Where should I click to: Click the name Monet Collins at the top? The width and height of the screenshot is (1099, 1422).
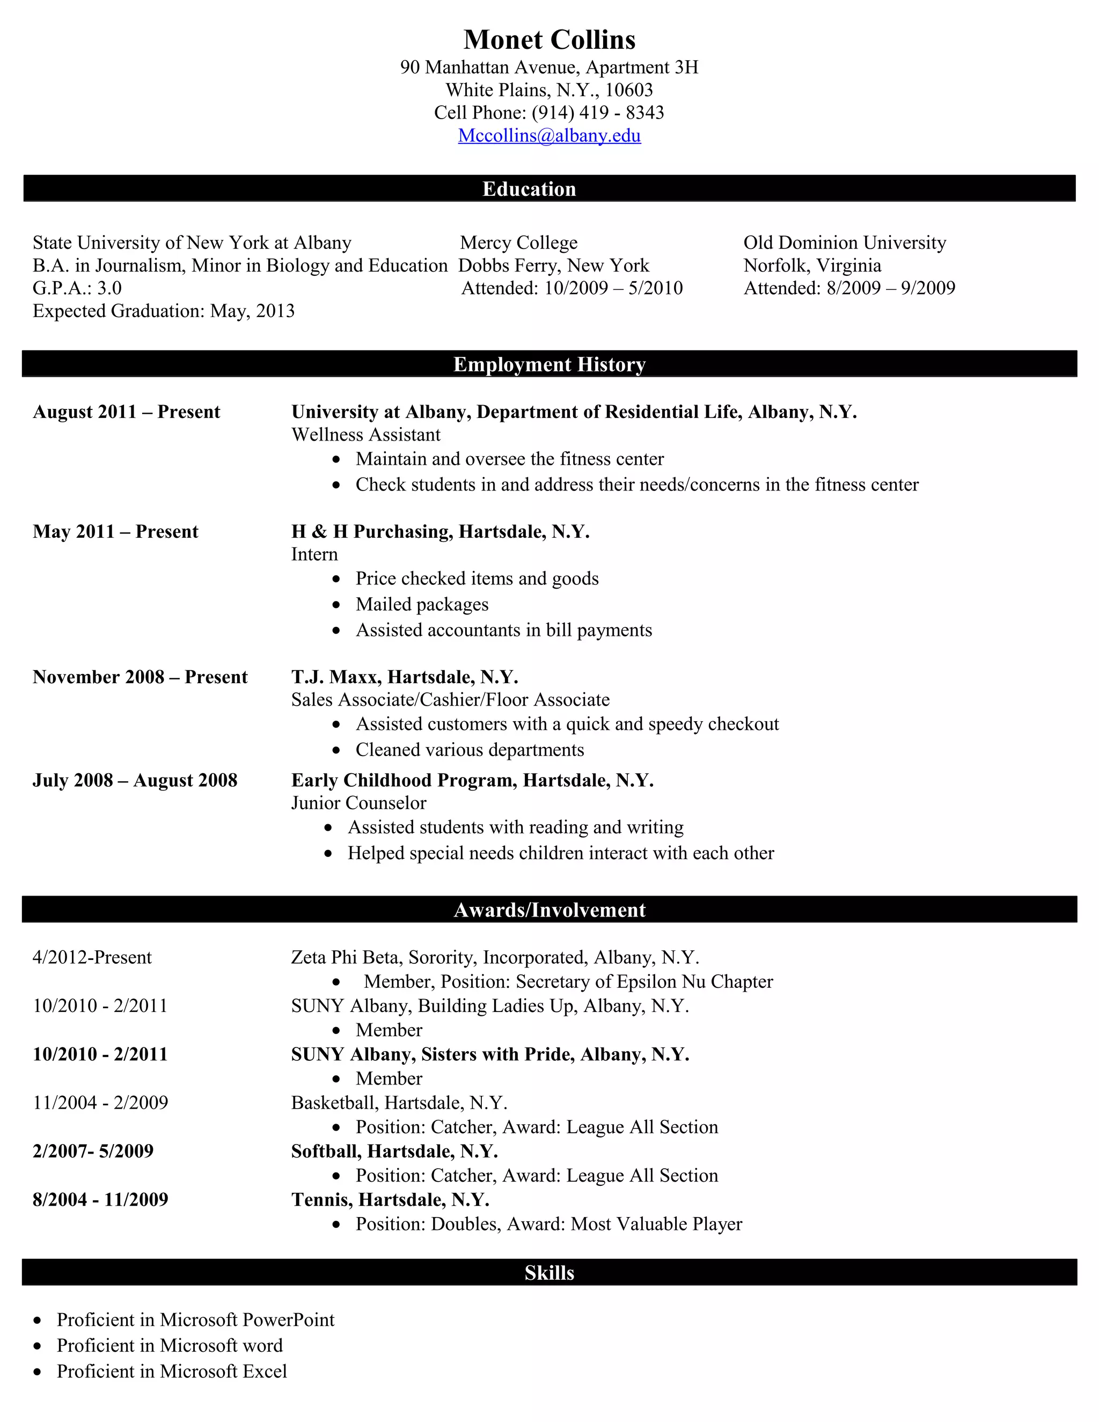pyautogui.click(x=549, y=40)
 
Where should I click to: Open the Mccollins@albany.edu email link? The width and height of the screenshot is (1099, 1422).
pyautogui.click(x=549, y=135)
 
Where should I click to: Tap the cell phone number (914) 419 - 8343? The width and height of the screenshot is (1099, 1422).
pyautogui.click(x=598, y=113)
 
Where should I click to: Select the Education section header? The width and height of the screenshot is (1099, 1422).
pyautogui.click(x=529, y=189)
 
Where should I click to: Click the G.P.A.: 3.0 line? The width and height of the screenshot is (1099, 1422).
pyautogui.click(x=77, y=288)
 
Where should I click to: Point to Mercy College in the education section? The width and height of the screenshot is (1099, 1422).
pyautogui.click(x=519, y=243)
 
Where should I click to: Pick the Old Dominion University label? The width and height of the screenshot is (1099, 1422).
pyautogui.click(x=845, y=243)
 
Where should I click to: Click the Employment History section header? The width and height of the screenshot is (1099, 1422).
pyautogui.click(x=549, y=364)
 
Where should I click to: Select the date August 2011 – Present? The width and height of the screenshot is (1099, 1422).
pyautogui.click(x=126, y=412)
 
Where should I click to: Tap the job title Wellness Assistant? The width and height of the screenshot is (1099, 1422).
pyautogui.click(x=366, y=435)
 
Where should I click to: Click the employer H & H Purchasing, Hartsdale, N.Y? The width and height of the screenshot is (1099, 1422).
pyautogui.click(x=440, y=532)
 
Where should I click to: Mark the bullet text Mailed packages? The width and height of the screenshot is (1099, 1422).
pyautogui.click(x=422, y=604)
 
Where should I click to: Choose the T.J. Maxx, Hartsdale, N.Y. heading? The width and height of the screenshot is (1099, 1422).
pyautogui.click(x=404, y=677)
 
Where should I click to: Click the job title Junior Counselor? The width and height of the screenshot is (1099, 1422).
pyautogui.click(x=359, y=803)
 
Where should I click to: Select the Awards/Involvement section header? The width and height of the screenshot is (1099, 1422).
pyautogui.click(x=549, y=910)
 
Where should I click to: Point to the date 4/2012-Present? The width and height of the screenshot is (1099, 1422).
pyautogui.click(x=92, y=957)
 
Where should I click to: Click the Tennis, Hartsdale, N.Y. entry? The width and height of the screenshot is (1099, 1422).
pyautogui.click(x=390, y=1199)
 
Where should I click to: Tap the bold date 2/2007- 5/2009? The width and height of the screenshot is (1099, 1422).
pyautogui.click(x=93, y=1151)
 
